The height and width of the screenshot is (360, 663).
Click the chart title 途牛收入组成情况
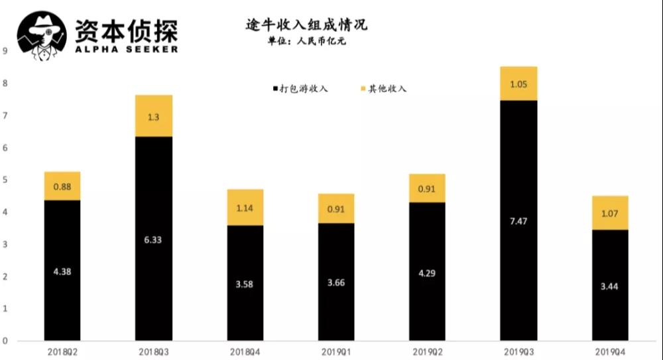point(306,25)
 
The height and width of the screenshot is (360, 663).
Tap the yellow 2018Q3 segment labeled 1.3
point(154,116)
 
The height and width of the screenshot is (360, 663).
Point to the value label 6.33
point(154,240)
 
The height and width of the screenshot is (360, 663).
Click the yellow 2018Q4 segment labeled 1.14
point(245,208)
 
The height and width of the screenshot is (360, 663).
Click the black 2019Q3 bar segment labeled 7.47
point(518,220)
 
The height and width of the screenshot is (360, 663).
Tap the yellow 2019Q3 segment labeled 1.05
point(518,84)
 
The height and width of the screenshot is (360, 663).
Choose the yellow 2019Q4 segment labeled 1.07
point(609,213)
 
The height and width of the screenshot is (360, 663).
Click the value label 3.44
point(609,286)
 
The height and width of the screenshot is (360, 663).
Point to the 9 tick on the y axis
point(5,51)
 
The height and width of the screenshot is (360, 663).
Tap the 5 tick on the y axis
point(5,180)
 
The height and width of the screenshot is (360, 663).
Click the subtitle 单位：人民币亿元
point(306,40)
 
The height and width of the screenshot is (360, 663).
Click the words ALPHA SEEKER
point(126,49)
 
